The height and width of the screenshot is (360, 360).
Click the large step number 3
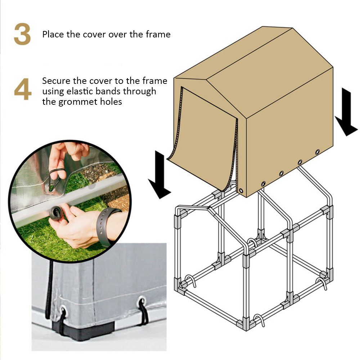coord(22,35)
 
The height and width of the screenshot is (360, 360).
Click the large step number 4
coord(22,91)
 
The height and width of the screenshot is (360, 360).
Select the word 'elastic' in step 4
coord(85,91)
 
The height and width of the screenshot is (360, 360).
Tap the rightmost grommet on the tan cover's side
coord(318,152)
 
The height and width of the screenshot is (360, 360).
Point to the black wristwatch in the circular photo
coord(108,225)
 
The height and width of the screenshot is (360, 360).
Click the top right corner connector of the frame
coord(327,210)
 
